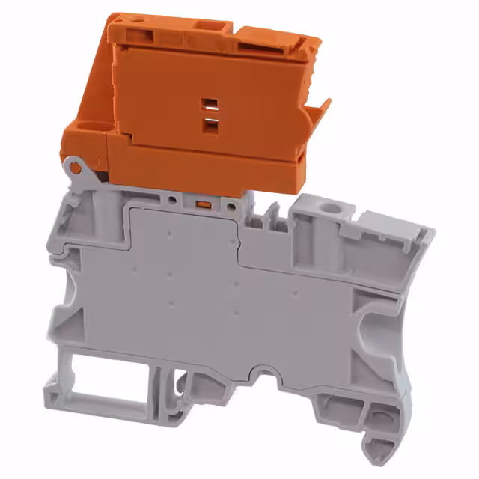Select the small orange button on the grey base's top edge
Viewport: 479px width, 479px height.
[x=201, y=203]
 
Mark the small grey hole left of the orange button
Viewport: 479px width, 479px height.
[x=173, y=201]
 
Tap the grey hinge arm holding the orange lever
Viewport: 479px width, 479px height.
[x=82, y=180]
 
